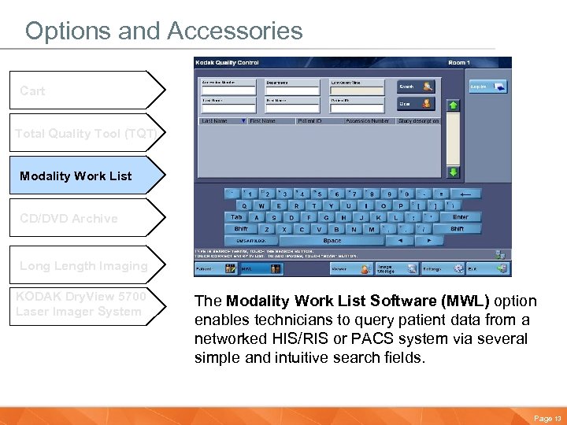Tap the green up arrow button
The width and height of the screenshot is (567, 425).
pos(454,104)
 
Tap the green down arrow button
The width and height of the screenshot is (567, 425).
pos(454,172)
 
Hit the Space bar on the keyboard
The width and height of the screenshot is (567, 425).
pos(332,241)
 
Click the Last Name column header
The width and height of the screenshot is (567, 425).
pos(215,121)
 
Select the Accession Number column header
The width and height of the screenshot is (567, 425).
pos(367,121)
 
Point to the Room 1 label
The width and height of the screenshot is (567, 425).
pos(458,62)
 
